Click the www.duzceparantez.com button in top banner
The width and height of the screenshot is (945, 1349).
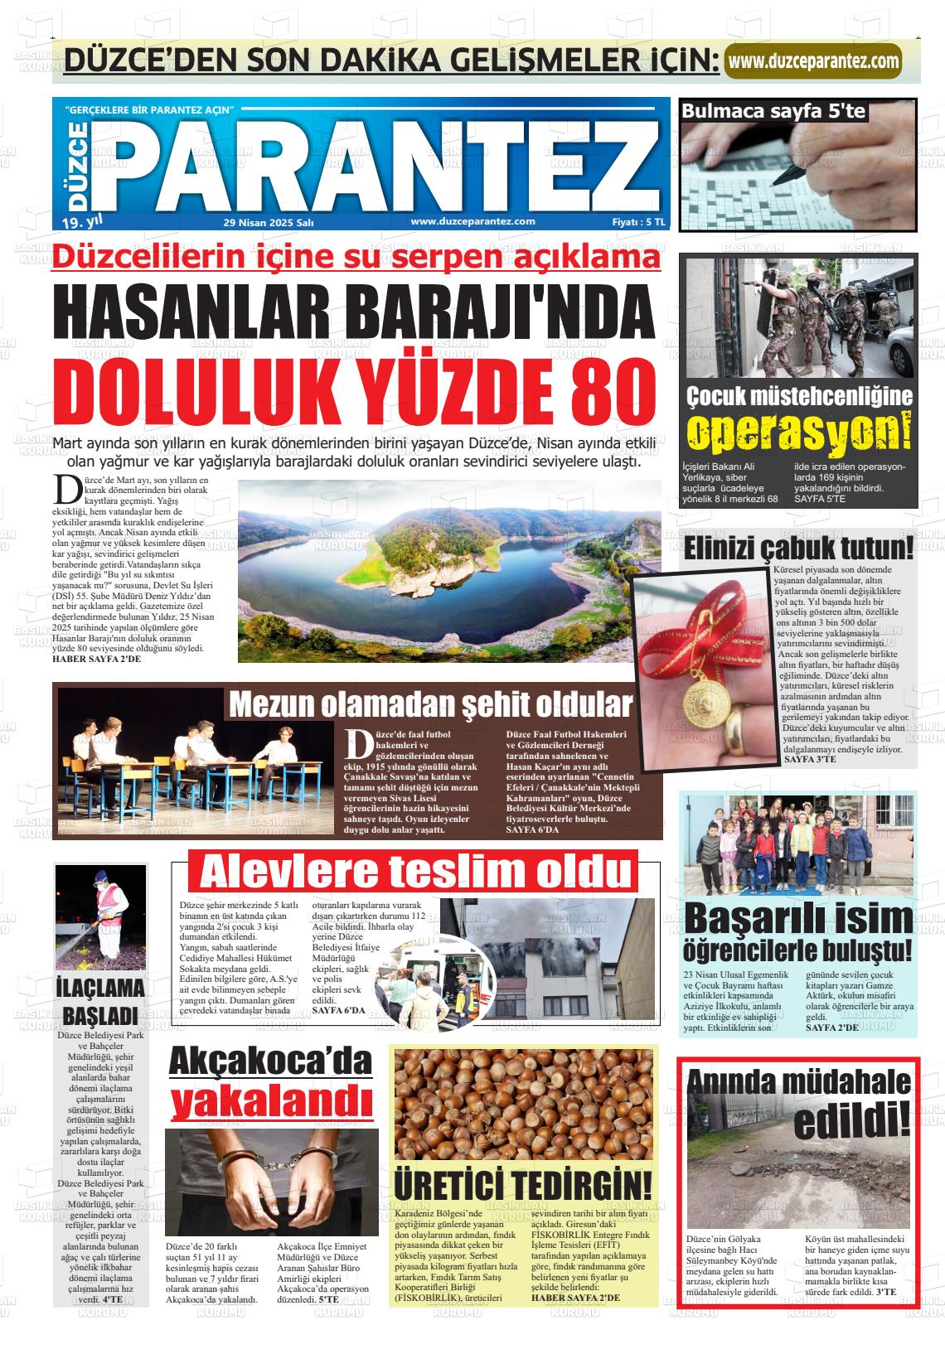pos(813,60)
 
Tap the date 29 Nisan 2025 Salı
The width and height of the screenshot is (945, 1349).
pos(268,222)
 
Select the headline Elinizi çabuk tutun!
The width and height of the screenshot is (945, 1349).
pos(797,548)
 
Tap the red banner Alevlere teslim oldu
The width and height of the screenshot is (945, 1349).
pos(414,872)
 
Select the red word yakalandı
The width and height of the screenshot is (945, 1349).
pos(270,1101)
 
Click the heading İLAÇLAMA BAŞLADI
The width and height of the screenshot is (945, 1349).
pos(100,1001)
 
